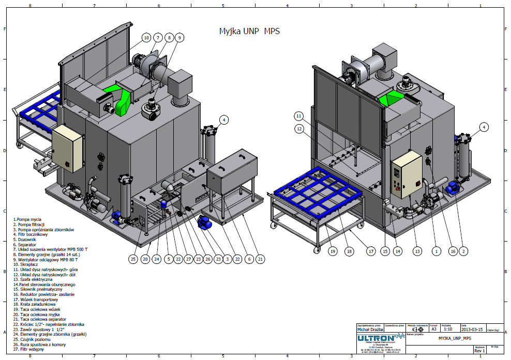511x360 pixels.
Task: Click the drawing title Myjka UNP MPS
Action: click(250, 31)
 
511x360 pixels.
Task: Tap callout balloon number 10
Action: click(146, 38)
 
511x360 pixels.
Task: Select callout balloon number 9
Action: click(179, 38)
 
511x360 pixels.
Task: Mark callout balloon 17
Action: click(371, 251)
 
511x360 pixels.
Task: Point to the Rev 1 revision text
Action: click(480, 351)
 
